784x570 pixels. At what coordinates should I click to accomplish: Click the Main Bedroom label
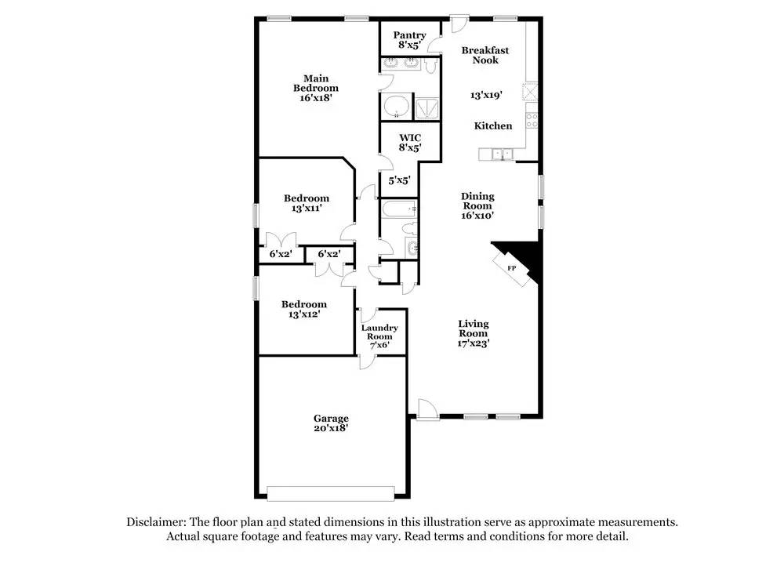316,88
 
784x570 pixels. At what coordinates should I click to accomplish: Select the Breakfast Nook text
485,55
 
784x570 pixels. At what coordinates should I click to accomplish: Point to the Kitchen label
493,125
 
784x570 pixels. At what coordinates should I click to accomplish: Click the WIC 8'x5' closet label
410,143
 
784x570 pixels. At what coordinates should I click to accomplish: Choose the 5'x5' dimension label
398,181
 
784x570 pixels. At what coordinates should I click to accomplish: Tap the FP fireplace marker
512,268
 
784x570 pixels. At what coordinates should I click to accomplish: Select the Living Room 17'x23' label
474,332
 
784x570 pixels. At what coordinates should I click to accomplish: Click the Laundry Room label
379,336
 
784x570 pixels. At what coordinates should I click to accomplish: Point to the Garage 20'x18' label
331,423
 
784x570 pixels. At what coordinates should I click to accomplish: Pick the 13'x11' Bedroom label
306,203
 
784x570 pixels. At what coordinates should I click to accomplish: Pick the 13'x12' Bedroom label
304,309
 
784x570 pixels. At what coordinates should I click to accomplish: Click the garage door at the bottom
331,493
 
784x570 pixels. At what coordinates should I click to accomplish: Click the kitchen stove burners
532,120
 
